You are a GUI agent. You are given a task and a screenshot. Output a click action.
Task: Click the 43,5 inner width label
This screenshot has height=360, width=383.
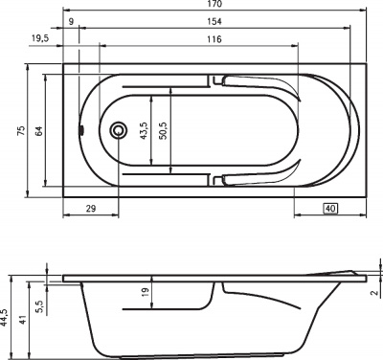click(x=145, y=130)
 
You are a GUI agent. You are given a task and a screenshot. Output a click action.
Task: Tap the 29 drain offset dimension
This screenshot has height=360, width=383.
click(x=91, y=208)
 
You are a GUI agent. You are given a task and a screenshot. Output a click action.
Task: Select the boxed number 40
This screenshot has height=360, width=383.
click(x=330, y=208)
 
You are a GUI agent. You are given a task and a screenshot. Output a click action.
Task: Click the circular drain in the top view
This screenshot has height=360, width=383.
click(x=119, y=130)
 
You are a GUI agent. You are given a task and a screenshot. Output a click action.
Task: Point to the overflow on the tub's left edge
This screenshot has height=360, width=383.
click(x=81, y=131)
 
